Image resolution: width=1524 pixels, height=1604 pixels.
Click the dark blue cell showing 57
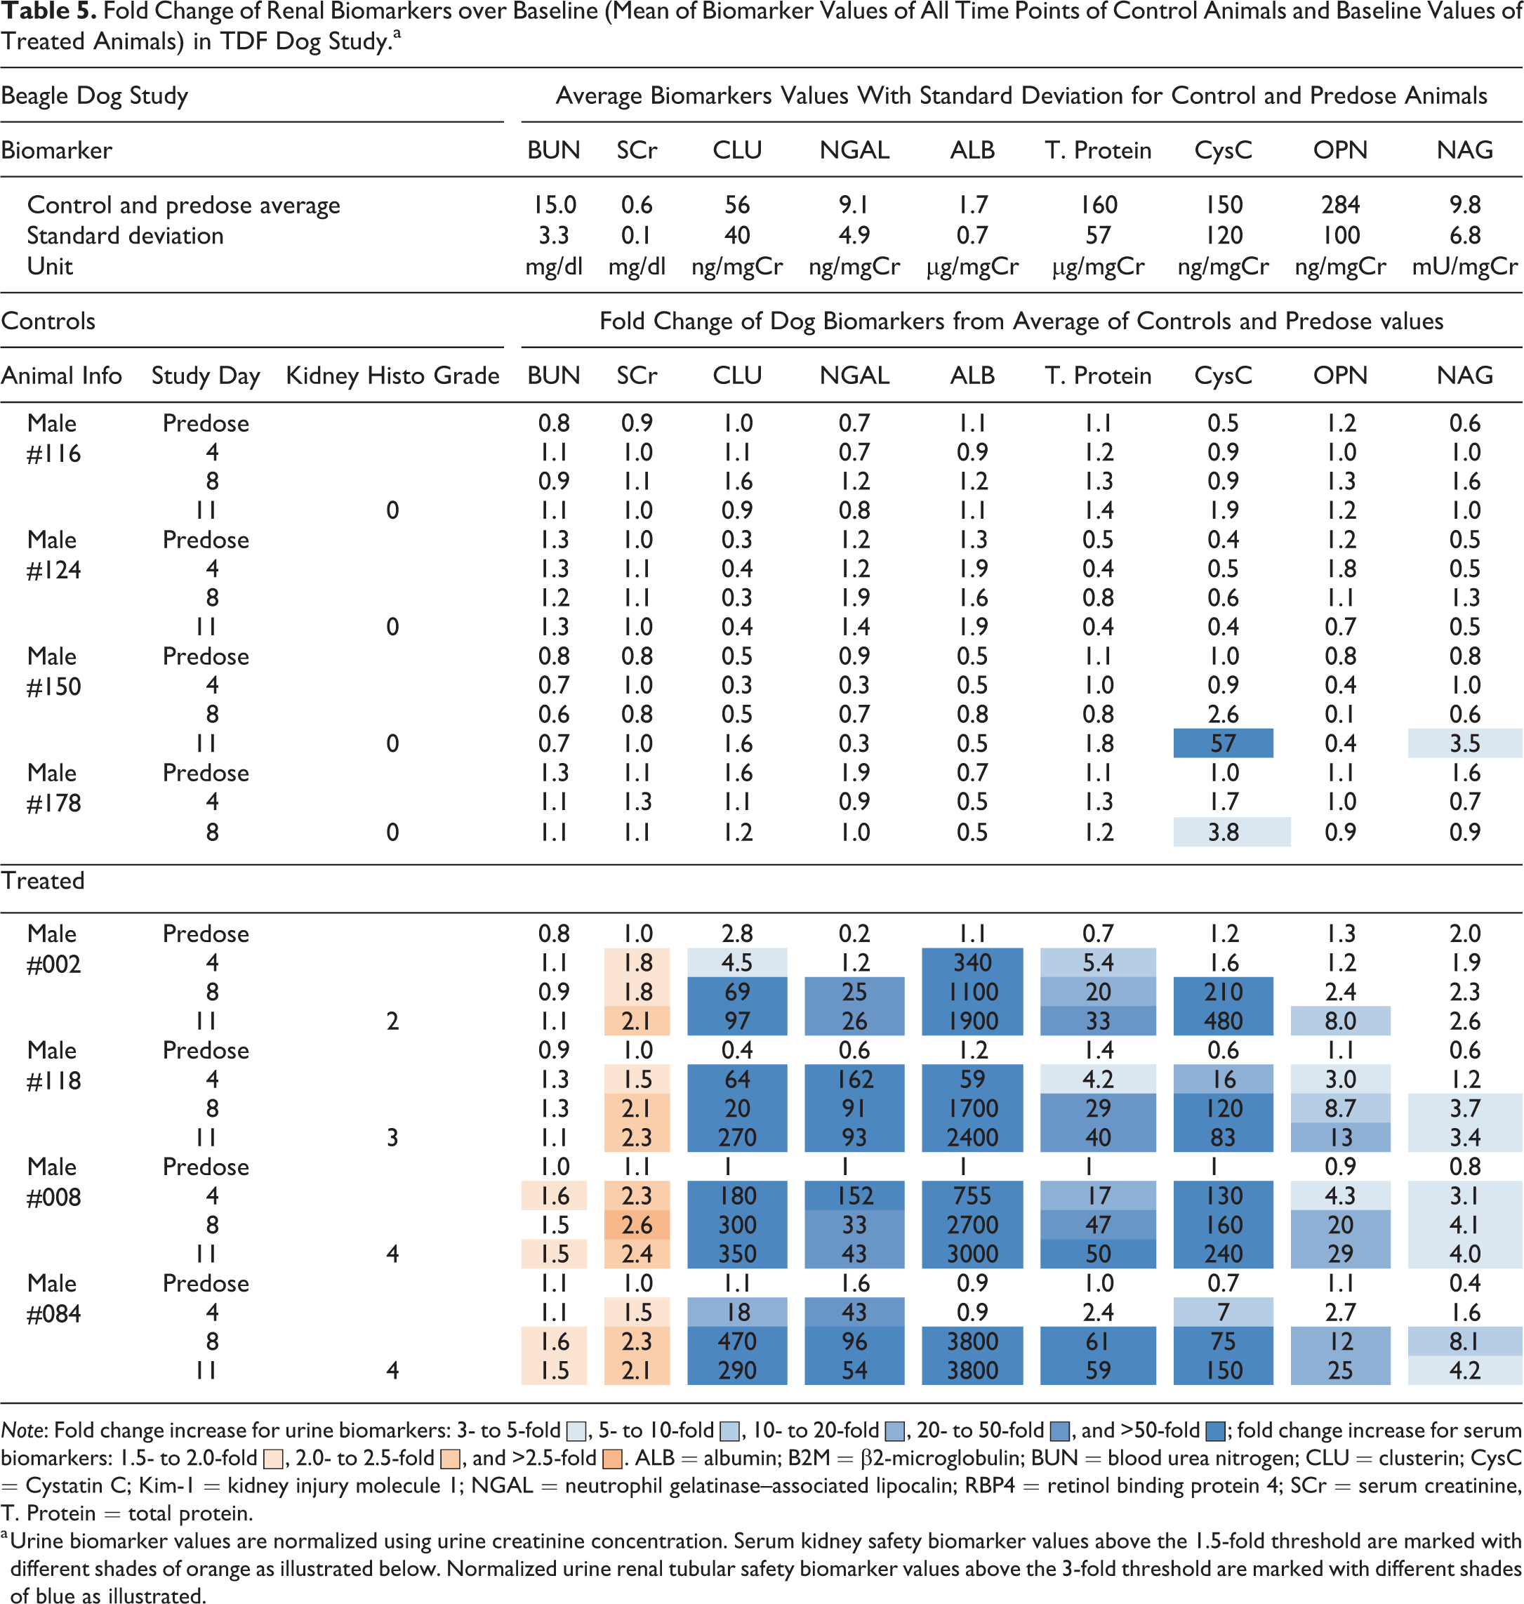coord(1223,743)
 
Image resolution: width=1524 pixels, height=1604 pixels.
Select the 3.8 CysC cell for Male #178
coord(1231,832)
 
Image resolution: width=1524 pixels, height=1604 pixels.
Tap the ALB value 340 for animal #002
coord(972,962)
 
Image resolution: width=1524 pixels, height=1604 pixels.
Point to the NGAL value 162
coord(854,1080)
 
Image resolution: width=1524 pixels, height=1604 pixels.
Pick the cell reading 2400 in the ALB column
coord(972,1138)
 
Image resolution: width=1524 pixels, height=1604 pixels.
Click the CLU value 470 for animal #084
coord(737,1341)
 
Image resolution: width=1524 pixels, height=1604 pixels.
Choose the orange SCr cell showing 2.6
coord(637,1225)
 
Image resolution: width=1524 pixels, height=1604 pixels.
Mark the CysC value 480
coord(1223,1021)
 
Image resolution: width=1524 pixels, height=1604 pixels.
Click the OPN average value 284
coord(1340,205)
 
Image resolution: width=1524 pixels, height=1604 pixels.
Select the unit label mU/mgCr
coord(1465,266)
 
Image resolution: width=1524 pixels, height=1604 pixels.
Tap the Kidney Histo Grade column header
coord(392,376)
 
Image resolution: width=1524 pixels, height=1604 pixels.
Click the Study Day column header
coord(206,376)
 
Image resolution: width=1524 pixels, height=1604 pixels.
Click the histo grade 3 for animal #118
coord(392,1138)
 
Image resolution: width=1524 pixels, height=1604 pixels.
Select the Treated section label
coord(43,880)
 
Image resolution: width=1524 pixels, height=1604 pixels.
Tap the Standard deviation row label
coord(125,236)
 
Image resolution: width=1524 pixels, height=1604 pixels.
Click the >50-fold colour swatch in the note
coord(1215,1430)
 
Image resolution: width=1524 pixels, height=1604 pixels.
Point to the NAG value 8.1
coord(1465,1341)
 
